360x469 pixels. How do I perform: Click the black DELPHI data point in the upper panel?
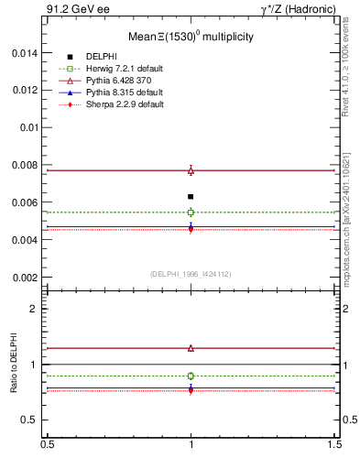click(x=191, y=196)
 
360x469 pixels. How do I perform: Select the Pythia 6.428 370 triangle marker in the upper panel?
click(x=191, y=170)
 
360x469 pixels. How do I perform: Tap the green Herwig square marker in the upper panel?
click(x=191, y=213)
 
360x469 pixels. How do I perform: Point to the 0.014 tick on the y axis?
click(x=25, y=53)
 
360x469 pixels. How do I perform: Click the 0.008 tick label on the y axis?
click(x=25, y=165)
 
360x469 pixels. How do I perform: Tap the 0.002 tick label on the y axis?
click(x=25, y=277)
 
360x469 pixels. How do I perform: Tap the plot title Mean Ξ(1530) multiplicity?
click(x=191, y=37)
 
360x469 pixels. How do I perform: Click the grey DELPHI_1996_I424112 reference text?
click(x=191, y=274)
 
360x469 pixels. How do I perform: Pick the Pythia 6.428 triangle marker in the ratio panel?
click(x=191, y=348)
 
